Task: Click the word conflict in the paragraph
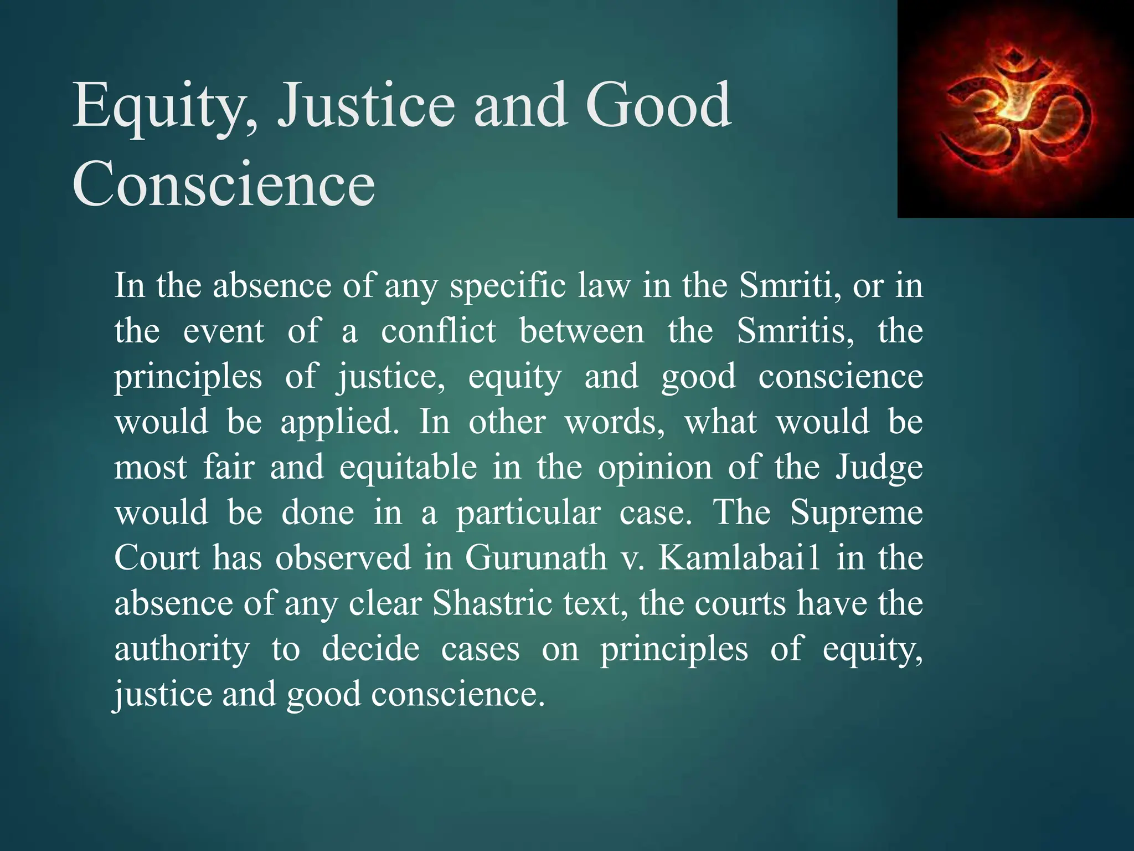click(x=438, y=331)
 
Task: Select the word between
click(x=581, y=331)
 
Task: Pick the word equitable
click(x=408, y=468)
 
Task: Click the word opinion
click(x=654, y=468)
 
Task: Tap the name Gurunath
click(x=535, y=558)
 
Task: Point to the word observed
click(x=343, y=558)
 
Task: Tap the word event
click(x=223, y=331)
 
